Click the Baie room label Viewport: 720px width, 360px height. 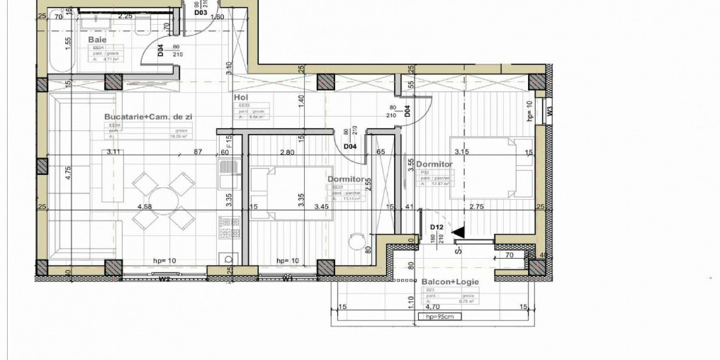click(x=97, y=40)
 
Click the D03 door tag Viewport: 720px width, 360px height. click(x=200, y=13)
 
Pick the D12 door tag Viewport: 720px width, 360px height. click(x=437, y=227)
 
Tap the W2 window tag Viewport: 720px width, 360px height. click(x=164, y=279)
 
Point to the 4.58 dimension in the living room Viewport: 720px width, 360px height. click(x=145, y=207)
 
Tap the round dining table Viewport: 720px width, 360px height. click(x=163, y=198)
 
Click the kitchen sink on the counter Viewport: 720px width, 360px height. click(x=227, y=169)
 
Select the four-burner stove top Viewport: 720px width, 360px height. click(x=227, y=227)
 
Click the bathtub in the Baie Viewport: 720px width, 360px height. click(x=60, y=45)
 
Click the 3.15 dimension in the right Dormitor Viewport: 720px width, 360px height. click(x=462, y=151)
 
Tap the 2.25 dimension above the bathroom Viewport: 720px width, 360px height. click(x=126, y=16)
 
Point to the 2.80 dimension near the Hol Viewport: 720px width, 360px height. click(x=287, y=151)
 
